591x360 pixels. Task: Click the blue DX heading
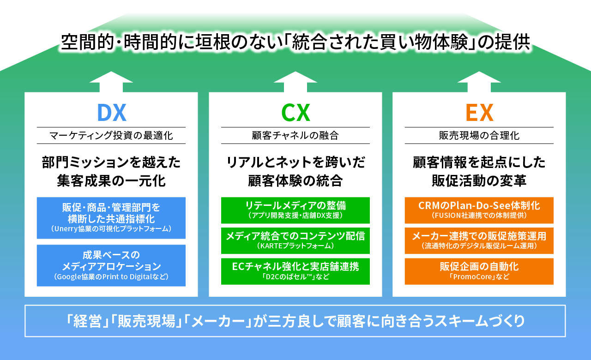[x=111, y=112]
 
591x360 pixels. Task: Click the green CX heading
[x=295, y=112]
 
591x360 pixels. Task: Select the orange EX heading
[x=479, y=112]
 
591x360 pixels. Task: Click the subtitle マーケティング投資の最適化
[x=111, y=136]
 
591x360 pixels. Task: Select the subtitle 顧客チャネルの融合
[x=295, y=136]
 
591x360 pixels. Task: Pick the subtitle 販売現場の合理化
[x=479, y=136]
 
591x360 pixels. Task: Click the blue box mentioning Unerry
[x=111, y=218]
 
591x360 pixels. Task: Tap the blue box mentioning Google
[x=111, y=265]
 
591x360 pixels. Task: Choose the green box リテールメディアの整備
[x=295, y=210]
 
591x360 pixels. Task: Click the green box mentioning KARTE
[x=295, y=240]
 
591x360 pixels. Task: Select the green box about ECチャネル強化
[x=295, y=271]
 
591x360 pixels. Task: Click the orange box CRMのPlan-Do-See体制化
[x=479, y=210]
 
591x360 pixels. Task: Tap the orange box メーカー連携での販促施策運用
[x=479, y=240]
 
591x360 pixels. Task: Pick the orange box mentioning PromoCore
[x=479, y=271]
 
